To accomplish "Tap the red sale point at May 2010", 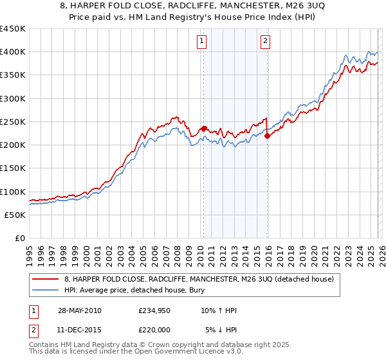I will click(x=204, y=129).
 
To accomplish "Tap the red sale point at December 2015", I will click(x=268, y=136).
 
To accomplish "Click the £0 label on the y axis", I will click(x=19, y=238).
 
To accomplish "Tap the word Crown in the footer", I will click(x=152, y=346).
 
